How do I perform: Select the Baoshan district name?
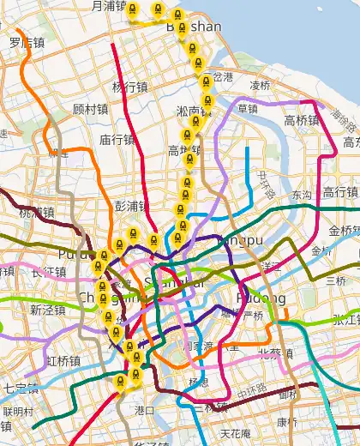[193, 27]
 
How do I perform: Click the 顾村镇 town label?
[90, 109]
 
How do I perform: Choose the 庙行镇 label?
[117, 139]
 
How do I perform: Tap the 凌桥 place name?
[260, 85]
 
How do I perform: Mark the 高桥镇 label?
[302, 120]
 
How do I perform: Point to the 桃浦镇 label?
[36, 212]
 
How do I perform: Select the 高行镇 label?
[340, 190]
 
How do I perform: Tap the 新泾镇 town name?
[46, 310]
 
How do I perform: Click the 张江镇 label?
[346, 319]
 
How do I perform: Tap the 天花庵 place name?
[235, 433]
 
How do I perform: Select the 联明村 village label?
[18, 411]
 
